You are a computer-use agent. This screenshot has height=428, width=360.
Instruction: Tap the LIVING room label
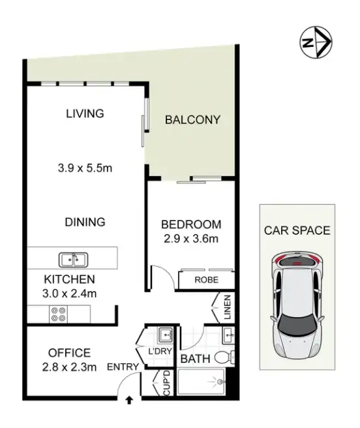pyautogui.click(x=85, y=114)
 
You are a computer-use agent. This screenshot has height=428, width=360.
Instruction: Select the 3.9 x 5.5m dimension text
pyautogui.click(x=84, y=168)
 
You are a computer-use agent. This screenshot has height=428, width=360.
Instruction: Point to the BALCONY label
pyautogui.click(x=192, y=120)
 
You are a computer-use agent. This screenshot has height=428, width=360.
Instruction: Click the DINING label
pyautogui.click(x=85, y=222)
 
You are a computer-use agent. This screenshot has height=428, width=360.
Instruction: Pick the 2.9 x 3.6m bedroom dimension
pyautogui.click(x=190, y=239)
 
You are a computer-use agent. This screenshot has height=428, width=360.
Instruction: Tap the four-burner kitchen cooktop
pyautogui.click(x=57, y=314)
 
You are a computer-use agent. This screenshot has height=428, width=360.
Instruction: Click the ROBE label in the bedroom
pyautogui.click(x=206, y=281)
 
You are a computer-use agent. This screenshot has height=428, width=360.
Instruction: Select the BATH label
pyautogui.click(x=194, y=359)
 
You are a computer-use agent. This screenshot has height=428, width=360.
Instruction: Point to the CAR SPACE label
pyautogui.click(x=297, y=230)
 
